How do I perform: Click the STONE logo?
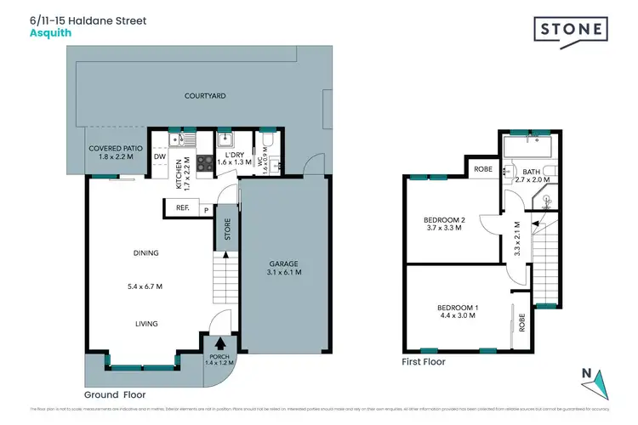click(x=572, y=30)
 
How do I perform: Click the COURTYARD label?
click(x=204, y=96)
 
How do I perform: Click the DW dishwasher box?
click(x=160, y=156)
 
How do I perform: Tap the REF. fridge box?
click(x=182, y=208)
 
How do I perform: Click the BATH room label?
click(x=532, y=173)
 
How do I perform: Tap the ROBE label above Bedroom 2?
click(x=482, y=169)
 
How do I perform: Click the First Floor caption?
click(x=424, y=362)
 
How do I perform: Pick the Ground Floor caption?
click(x=115, y=394)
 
